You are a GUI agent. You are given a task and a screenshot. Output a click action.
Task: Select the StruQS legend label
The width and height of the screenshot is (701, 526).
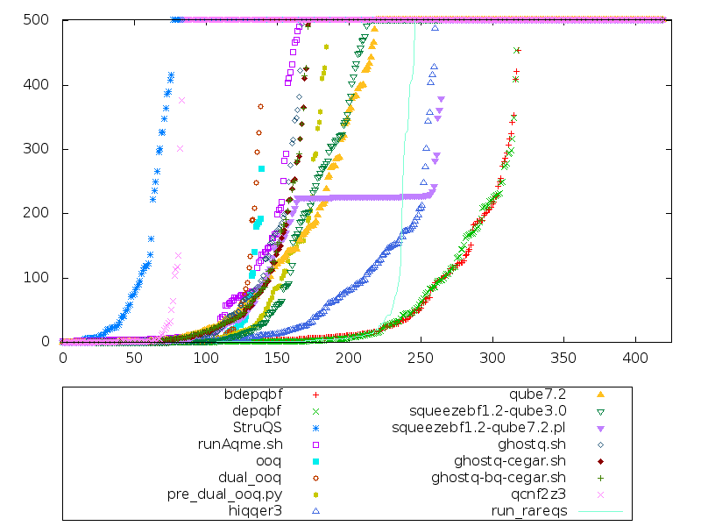pyautogui.click(x=258, y=427)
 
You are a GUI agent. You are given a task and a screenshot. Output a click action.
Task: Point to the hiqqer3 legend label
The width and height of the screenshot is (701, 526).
pyautogui.click(x=255, y=510)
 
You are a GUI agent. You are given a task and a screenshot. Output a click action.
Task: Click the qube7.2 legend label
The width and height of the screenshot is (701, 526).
pyautogui.click(x=544, y=394)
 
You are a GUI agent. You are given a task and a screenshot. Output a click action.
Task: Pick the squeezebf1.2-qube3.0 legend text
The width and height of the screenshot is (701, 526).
pyautogui.click(x=488, y=410)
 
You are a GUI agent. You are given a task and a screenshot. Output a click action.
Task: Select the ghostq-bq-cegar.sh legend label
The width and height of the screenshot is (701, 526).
pyautogui.click(x=499, y=477)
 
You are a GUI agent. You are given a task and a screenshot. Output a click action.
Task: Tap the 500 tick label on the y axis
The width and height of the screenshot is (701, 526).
pyautogui.click(x=42, y=20)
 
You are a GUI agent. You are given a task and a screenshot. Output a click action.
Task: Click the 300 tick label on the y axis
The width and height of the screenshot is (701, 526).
pyautogui.click(x=42, y=149)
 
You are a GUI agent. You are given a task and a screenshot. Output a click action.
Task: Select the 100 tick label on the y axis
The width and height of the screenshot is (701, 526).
pyautogui.click(x=42, y=278)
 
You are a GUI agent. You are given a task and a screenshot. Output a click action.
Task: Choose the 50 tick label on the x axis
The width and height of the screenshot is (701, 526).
pyautogui.click(x=134, y=358)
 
